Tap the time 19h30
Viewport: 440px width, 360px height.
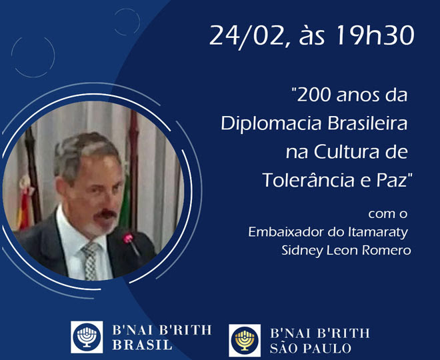375,35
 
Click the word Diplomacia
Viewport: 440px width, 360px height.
271,124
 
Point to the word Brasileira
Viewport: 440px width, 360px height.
367,123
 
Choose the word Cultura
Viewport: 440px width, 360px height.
346,151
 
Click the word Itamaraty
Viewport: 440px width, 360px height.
378,233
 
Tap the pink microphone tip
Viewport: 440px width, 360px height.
128,238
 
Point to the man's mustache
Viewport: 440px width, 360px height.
105,215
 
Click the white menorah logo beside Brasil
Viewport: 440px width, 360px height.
87,337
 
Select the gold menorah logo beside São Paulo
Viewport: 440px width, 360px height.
245,341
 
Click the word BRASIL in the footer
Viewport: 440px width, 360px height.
142,345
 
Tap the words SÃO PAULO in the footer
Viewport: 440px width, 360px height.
311,348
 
